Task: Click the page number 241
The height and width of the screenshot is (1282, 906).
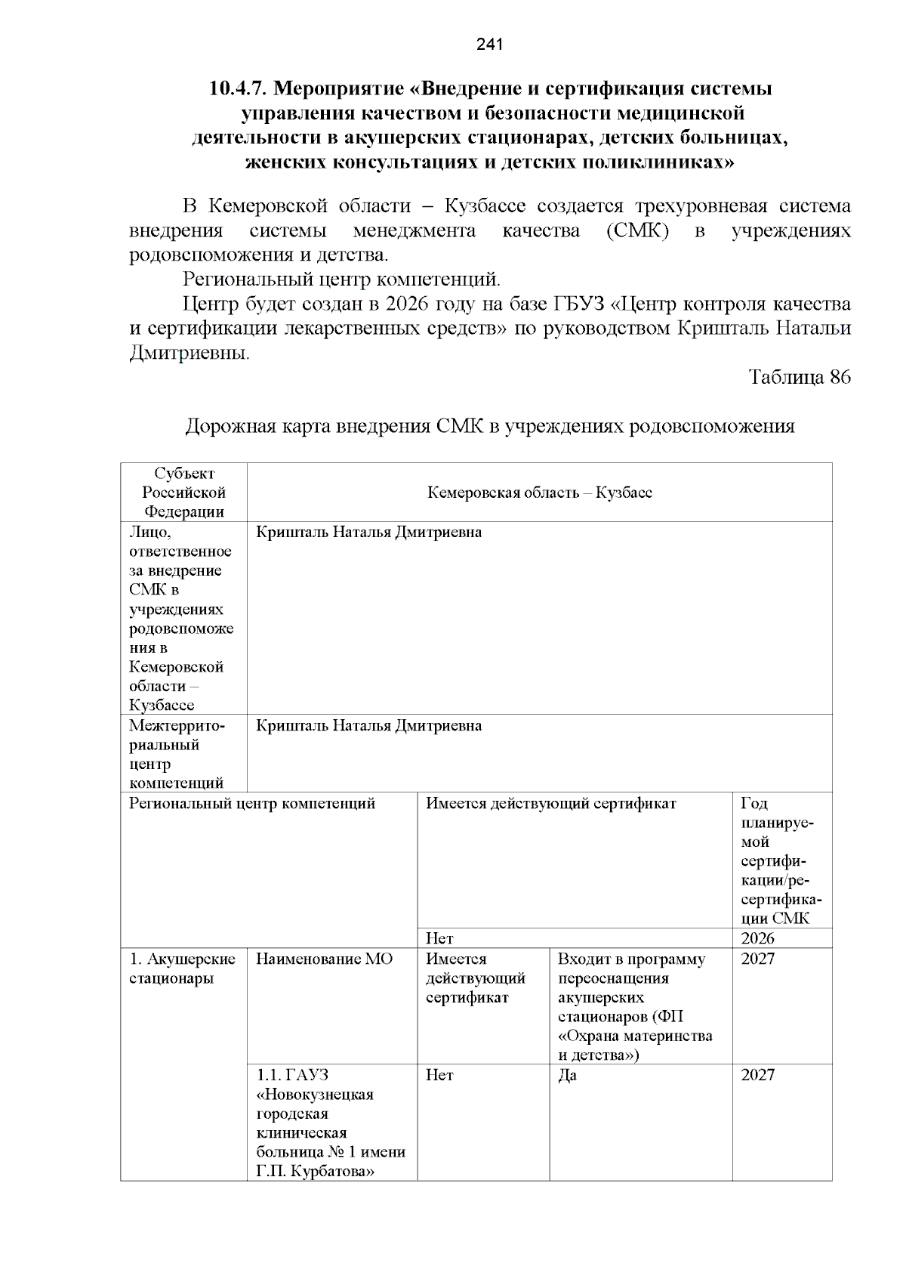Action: pyautogui.click(x=489, y=45)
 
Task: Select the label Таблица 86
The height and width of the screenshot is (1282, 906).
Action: pyautogui.click(x=799, y=377)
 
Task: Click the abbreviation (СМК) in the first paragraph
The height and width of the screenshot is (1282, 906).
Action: pyautogui.click(x=637, y=230)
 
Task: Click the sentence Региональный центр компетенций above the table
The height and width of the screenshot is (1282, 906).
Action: pyautogui.click(x=341, y=280)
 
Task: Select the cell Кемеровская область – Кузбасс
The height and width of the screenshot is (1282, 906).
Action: pyautogui.click(x=539, y=493)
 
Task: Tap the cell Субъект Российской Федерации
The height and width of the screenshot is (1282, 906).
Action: pyautogui.click(x=184, y=493)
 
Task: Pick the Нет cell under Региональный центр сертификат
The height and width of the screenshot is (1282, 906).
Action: pyautogui.click(x=439, y=939)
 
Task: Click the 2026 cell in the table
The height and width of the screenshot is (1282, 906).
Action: pyautogui.click(x=757, y=939)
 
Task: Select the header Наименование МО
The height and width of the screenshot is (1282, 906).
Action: pyautogui.click(x=324, y=959)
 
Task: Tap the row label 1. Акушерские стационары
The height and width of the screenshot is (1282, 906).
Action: pyautogui.click(x=182, y=968)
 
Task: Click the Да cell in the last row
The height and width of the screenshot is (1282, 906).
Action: pyautogui.click(x=567, y=1075)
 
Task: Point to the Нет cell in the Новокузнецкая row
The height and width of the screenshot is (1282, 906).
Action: pyautogui.click(x=439, y=1075)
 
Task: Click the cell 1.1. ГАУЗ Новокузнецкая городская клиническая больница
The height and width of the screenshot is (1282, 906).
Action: pyautogui.click(x=331, y=1123)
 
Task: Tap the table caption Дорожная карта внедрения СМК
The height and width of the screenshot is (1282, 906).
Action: pyautogui.click(x=489, y=426)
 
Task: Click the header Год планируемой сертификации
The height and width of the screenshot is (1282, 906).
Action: pyautogui.click(x=780, y=861)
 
